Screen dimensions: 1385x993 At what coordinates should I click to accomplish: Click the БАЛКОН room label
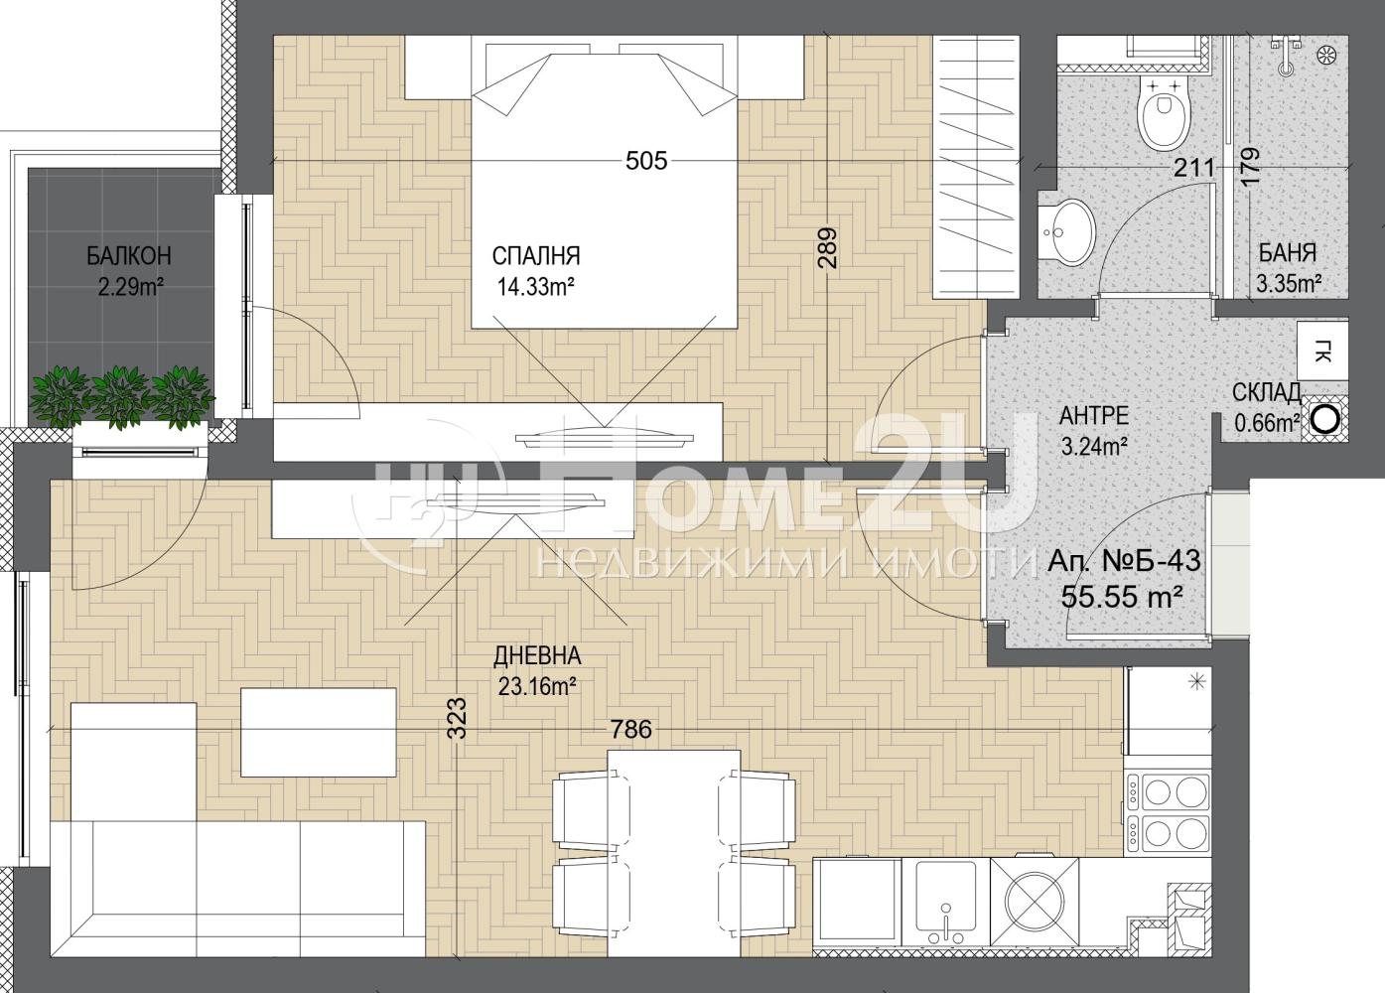click(129, 255)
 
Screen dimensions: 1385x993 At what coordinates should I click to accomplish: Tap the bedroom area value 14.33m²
click(536, 287)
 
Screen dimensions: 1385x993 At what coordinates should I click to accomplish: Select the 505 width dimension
click(646, 161)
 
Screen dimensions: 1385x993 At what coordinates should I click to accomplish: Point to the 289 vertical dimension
click(827, 248)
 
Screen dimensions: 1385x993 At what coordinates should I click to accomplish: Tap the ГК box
click(1322, 351)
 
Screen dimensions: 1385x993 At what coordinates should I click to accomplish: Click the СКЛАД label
click(1267, 392)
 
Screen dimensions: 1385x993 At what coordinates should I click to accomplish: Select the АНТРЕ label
click(1094, 416)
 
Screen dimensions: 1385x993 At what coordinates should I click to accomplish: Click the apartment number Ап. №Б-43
click(1124, 561)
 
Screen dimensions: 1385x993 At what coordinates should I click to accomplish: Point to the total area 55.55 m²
click(1122, 597)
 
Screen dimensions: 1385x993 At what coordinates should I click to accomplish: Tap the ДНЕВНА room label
click(537, 656)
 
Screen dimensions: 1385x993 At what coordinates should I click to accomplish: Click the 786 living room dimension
click(630, 730)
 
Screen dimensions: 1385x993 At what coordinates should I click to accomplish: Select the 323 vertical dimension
click(457, 718)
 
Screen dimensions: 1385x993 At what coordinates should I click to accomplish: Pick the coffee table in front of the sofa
click(319, 733)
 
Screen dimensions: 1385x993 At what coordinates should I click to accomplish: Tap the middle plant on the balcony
click(120, 397)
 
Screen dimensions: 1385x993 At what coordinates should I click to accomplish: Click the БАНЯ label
click(1288, 253)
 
